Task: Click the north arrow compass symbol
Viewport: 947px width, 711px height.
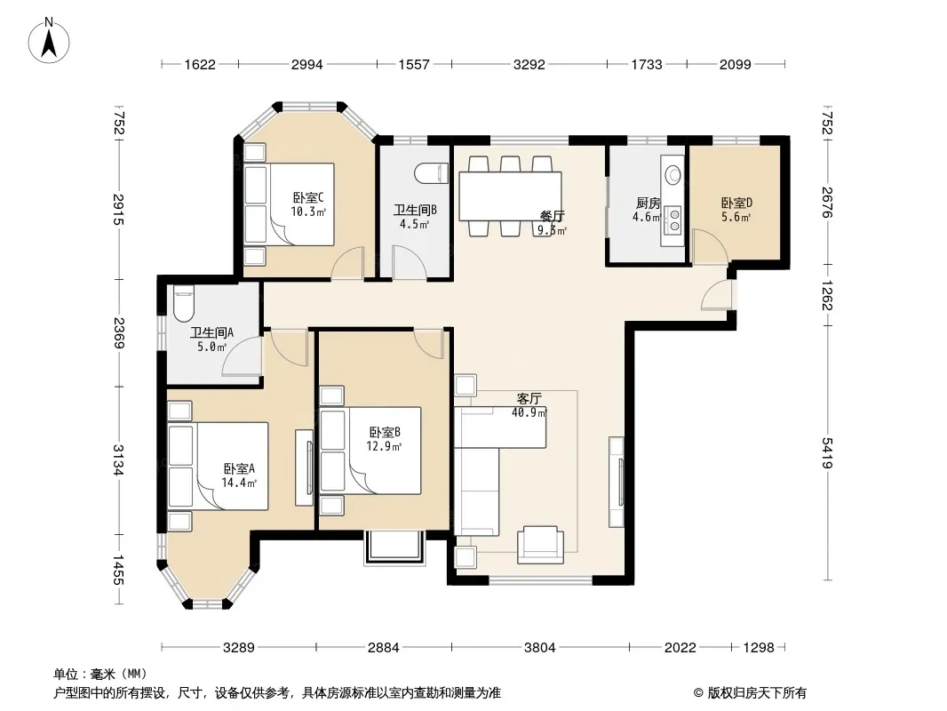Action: [x=49, y=41]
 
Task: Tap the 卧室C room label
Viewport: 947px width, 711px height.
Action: [x=308, y=197]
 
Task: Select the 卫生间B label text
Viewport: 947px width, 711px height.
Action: [x=415, y=211]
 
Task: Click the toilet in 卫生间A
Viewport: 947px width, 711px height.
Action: [x=183, y=305]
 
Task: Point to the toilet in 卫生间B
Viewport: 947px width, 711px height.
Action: [x=431, y=173]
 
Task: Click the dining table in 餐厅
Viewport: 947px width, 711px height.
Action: [x=510, y=196]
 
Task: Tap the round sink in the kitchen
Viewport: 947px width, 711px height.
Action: [x=672, y=175]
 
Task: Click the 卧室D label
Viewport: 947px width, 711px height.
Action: [x=736, y=203]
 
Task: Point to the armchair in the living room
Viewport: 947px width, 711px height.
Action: [x=540, y=544]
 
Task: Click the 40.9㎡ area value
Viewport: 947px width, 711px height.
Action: [x=529, y=413]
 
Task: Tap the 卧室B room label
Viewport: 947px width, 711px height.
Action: [x=385, y=433]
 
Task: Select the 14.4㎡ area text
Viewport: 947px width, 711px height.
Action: [x=239, y=483]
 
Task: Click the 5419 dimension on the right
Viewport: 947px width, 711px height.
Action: [x=827, y=452]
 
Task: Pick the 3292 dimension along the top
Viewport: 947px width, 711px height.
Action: [x=529, y=64]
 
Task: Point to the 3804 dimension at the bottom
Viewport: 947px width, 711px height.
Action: [x=539, y=648]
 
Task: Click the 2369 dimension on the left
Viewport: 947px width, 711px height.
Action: [x=118, y=333]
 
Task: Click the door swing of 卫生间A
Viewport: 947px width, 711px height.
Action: [x=242, y=356]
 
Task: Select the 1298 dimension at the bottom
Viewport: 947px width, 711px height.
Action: [x=758, y=648]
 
